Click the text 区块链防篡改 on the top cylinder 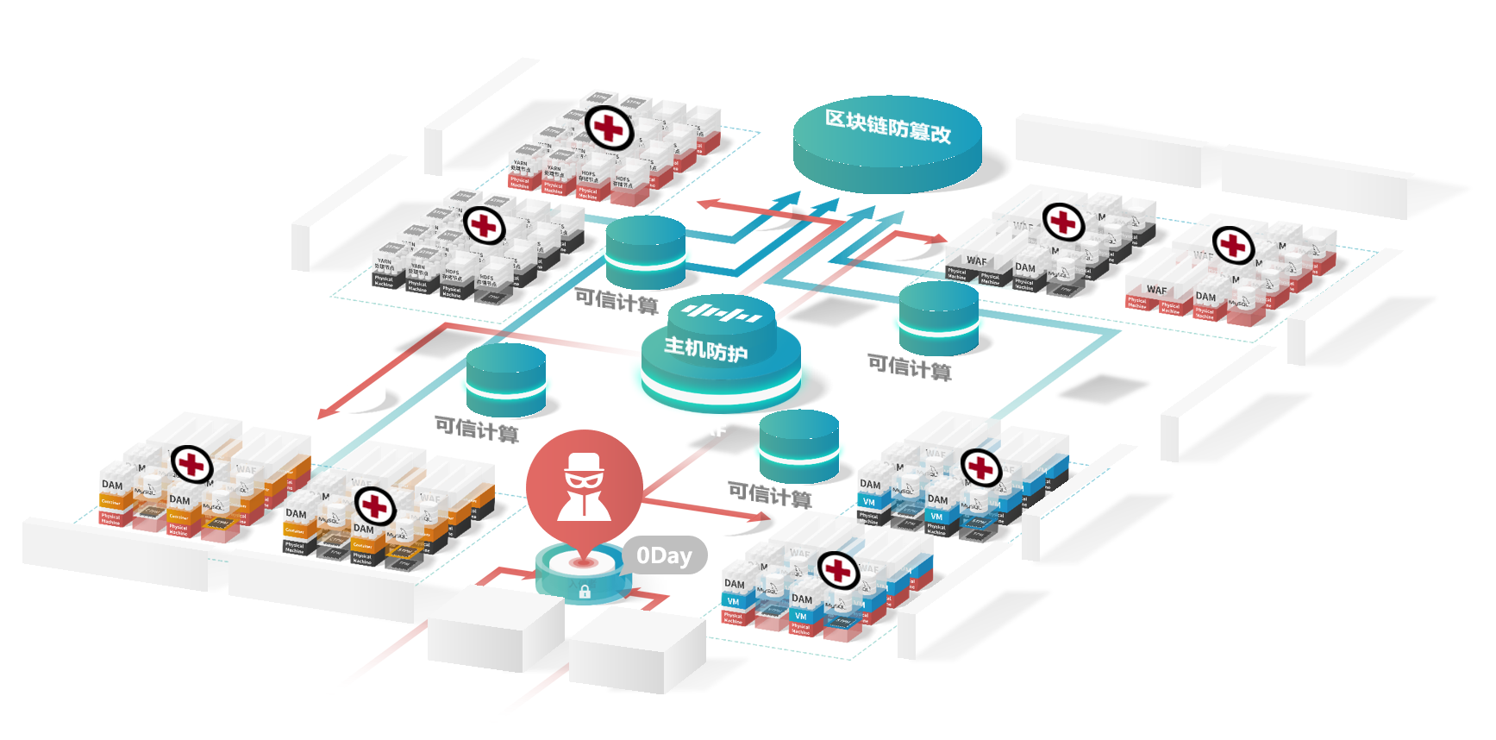(x=888, y=128)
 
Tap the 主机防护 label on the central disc (x=705, y=349)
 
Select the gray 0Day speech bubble (x=664, y=556)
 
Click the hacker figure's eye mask (x=585, y=477)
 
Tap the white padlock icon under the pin (x=585, y=592)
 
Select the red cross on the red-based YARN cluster (x=610, y=129)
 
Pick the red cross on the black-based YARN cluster (x=485, y=226)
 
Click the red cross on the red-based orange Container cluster (x=191, y=465)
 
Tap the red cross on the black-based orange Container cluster (x=375, y=506)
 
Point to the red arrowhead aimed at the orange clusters (x=325, y=413)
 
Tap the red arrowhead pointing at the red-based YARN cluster (x=704, y=204)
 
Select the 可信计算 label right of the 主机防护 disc (x=910, y=368)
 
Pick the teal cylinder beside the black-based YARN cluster (x=645, y=251)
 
